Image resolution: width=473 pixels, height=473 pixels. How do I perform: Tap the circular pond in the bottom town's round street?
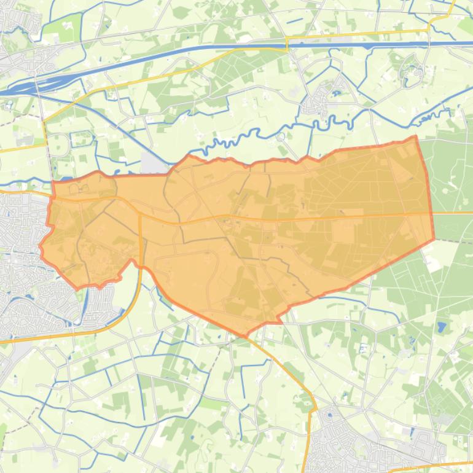pos(330,416)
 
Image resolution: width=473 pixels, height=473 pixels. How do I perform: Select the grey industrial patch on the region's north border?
pos(154,163)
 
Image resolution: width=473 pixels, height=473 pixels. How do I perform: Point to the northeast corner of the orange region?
pos(416,137)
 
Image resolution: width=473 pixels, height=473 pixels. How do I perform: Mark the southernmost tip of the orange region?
pos(246,337)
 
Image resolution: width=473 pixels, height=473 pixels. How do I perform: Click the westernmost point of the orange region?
pos(41,248)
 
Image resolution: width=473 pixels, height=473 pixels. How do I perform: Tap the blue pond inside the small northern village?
pos(336,93)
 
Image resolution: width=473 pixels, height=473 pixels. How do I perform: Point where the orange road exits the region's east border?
pos(432,213)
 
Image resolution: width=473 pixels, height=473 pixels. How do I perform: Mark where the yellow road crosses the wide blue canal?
pos(287,45)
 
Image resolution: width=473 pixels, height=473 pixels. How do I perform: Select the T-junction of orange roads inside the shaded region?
pos(140,215)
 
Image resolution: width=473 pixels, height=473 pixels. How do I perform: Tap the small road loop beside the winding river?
pos(280,136)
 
